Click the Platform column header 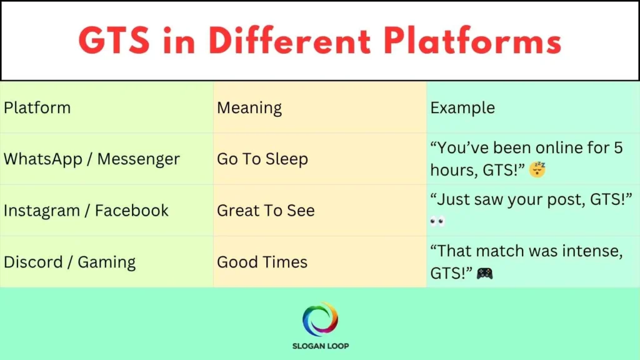37,107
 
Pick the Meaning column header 249,107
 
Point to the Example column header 462,107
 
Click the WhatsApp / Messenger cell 92,159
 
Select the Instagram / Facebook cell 86,211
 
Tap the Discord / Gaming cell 70,262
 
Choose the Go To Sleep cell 262,159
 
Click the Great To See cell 266,211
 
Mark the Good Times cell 262,262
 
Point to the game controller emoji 484,273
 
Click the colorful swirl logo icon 320,319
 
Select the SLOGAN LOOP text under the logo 320,346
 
